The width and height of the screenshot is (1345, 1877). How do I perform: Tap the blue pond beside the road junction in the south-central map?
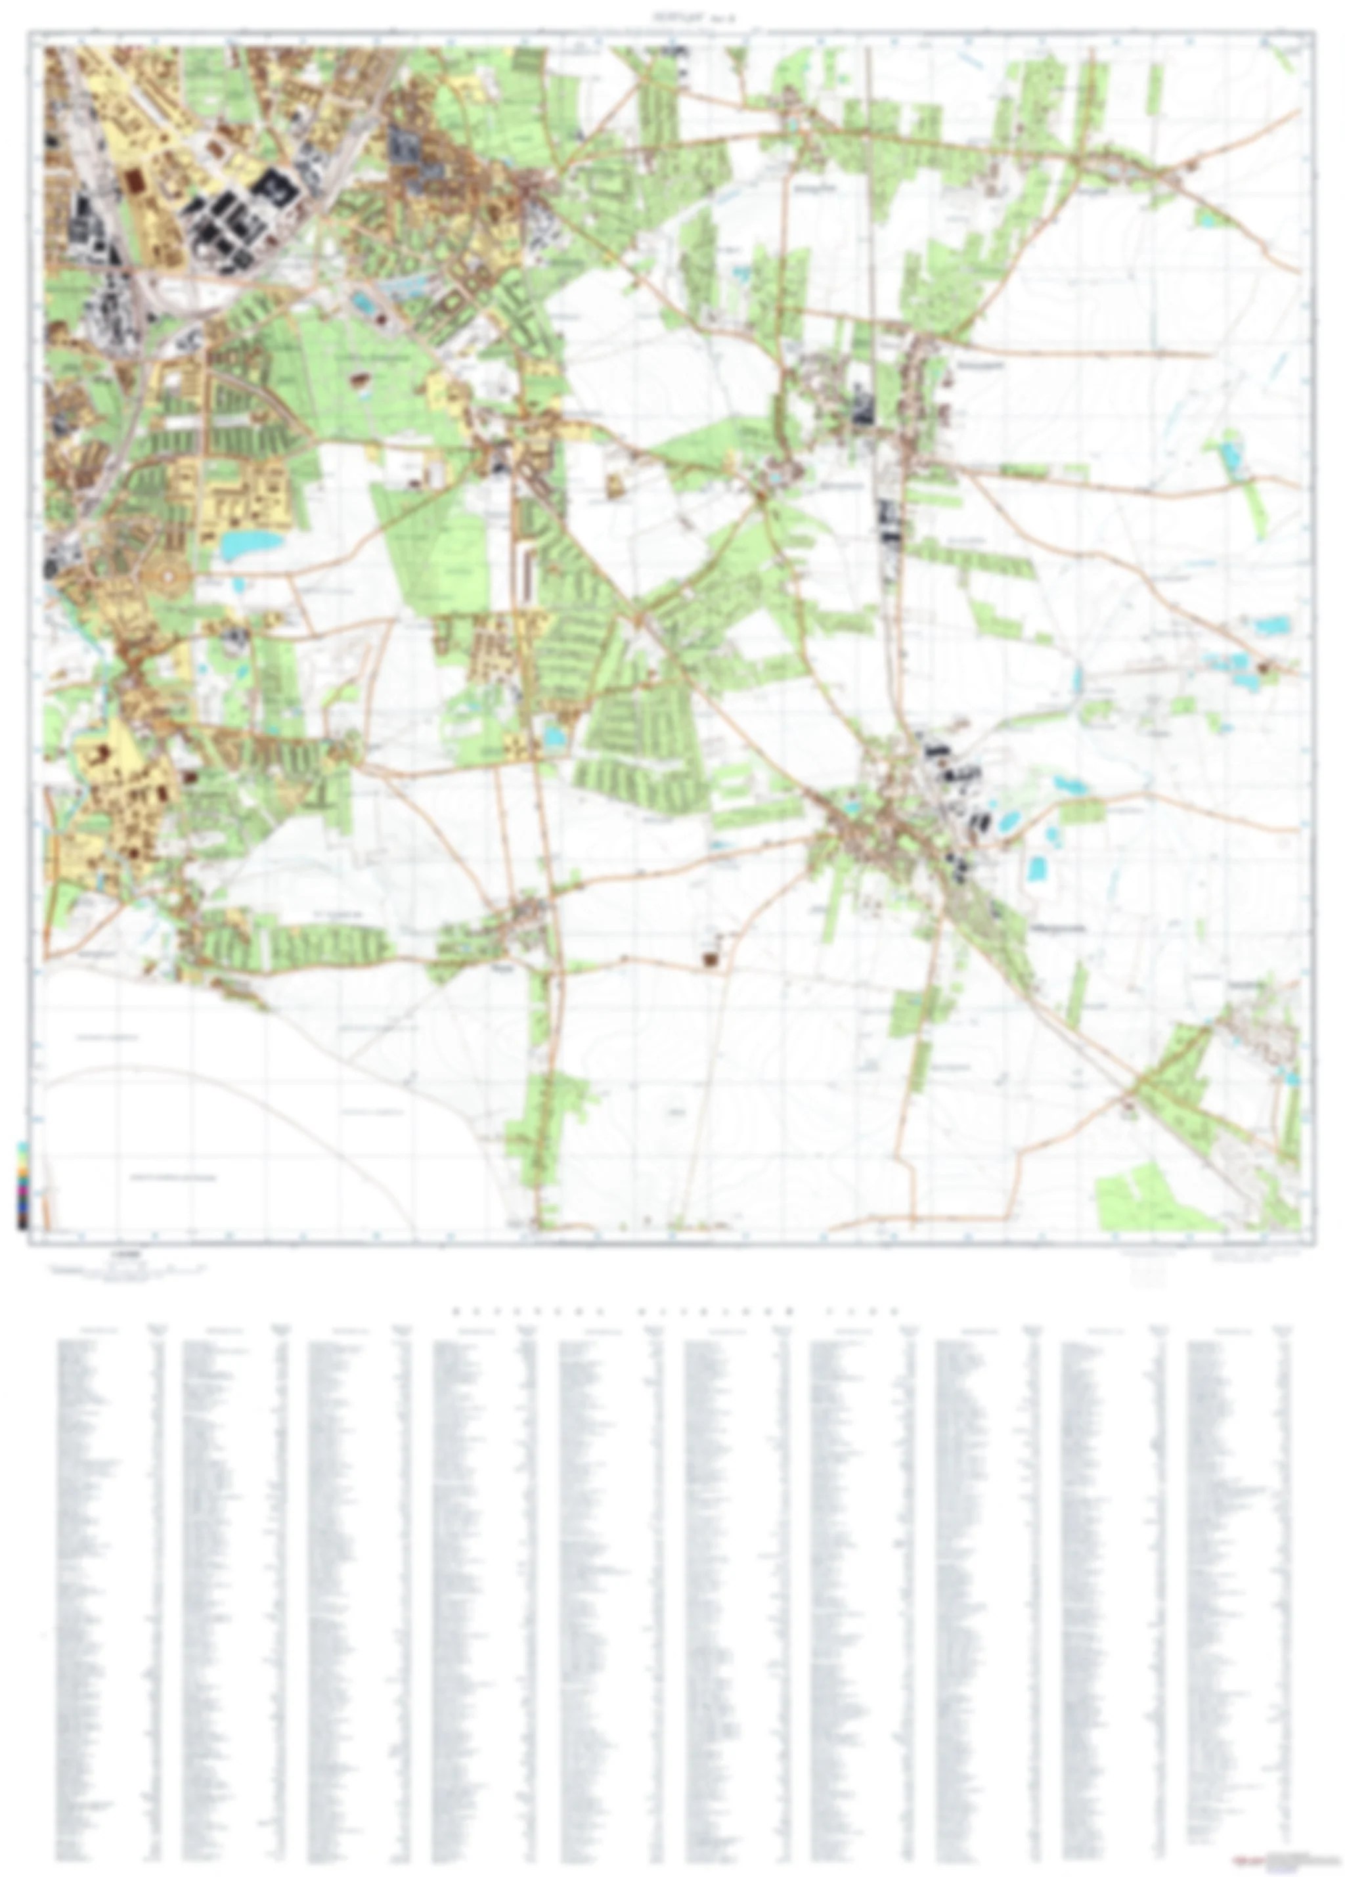click(x=553, y=735)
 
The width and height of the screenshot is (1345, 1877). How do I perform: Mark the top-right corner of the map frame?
click(x=1313, y=32)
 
